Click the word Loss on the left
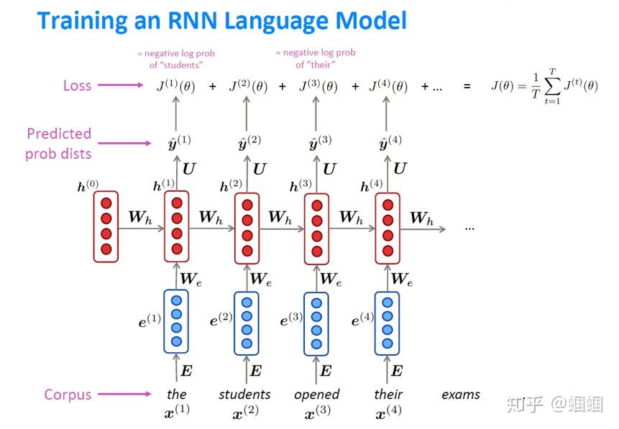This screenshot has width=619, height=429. pyautogui.click(x=77, y=86)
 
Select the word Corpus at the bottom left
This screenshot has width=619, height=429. pyautogui.click(x=68, y=395)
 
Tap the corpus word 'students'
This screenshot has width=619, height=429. pyautogui.click(x=244, y=395)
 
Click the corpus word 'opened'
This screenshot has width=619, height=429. pyautogui.click(x=316, y=395)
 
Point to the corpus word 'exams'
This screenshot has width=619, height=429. pyautogui.click(x=460, y=395)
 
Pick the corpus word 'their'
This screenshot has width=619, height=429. pyautogui.click(x=388, y=395)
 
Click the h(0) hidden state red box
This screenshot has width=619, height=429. pyautogui.click(x=106, y=226)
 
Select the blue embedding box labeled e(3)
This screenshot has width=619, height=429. pyautogui.click(x=317, y=321)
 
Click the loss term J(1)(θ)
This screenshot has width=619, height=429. pyautogui.click(x=175, y=87)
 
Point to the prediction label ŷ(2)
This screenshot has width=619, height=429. pyautogui.click(x=249, y=142)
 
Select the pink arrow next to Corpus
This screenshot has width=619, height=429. pyautogui.click(x=120, y=395)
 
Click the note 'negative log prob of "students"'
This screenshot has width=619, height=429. pyautogui.click(x=175, y=59)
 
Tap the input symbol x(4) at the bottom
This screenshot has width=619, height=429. pyautogui.click(x=389, y=413)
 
